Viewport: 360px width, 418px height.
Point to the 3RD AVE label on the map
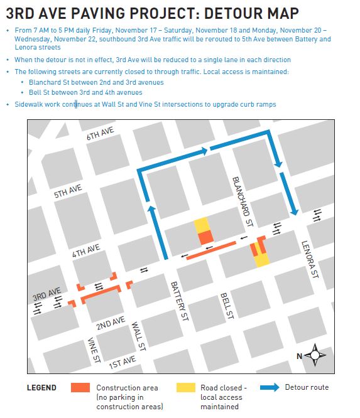pos(45,295)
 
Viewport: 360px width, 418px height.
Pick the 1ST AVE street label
pos(123,362)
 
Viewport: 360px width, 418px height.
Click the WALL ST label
pos(139,336)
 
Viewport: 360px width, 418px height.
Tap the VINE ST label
pos(94,349)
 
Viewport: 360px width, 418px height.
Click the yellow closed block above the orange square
pos(202,224)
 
